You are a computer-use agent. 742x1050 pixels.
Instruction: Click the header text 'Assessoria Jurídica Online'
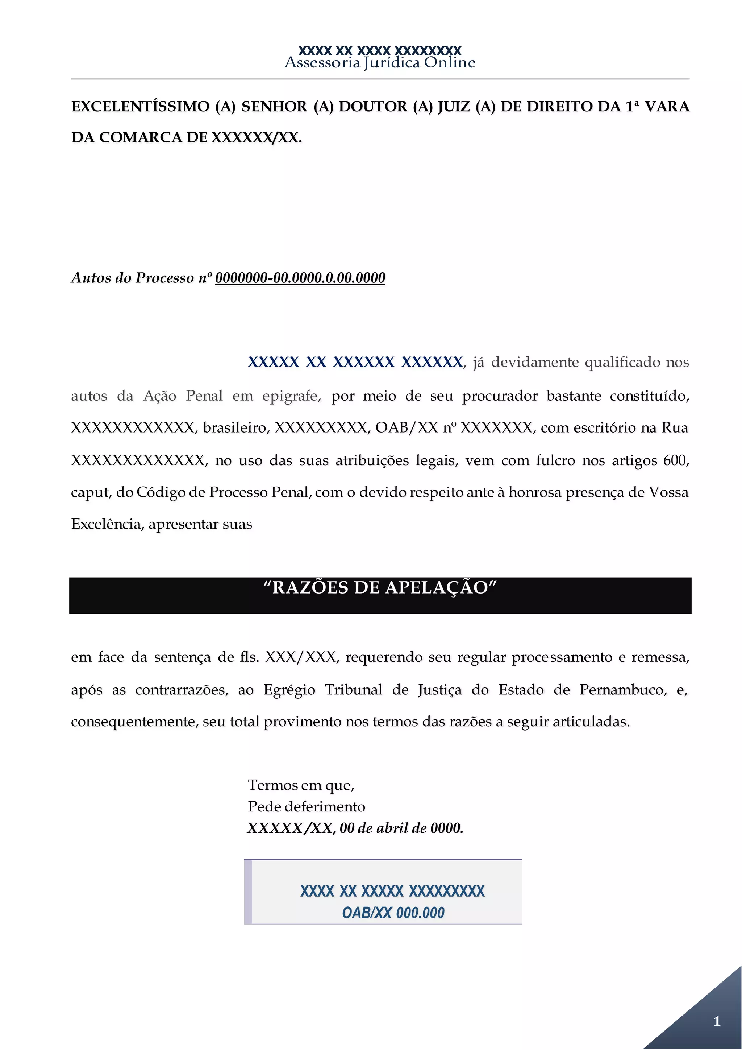(380, 62)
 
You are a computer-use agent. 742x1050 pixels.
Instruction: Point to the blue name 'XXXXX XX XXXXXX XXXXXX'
(355, 362)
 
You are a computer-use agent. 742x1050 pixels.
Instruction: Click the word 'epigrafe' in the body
(291, 396)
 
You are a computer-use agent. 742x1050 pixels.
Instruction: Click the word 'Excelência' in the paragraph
(107, 524)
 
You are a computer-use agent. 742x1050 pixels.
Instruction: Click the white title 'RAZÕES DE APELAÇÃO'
(380, 588)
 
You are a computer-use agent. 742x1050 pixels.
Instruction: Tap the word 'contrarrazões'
(182, 690)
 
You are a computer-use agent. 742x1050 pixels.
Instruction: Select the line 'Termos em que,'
(301, 785)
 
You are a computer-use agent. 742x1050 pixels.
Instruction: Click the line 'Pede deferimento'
(306, 806)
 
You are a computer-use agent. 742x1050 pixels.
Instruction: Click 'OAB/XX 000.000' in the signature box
(393, 913)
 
